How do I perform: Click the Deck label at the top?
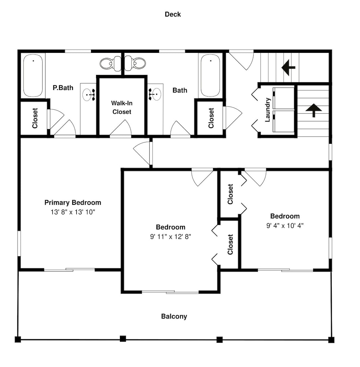173,14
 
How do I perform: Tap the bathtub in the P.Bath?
33,75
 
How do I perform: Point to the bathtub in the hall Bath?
210,75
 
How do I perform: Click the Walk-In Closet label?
122,108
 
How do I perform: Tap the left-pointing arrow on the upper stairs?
288,68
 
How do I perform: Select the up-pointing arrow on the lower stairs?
313,110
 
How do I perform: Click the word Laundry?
267,110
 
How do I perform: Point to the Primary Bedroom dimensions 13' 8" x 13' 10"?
73,212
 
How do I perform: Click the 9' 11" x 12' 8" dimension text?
170,237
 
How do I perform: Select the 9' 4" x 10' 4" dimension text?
285,226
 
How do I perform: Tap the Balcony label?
174,316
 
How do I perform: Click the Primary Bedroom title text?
73,203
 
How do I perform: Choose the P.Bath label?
63,88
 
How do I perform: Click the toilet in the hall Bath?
135,63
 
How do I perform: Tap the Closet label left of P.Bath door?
35,118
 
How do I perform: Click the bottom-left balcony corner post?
18,339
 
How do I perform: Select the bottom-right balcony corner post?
331,340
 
